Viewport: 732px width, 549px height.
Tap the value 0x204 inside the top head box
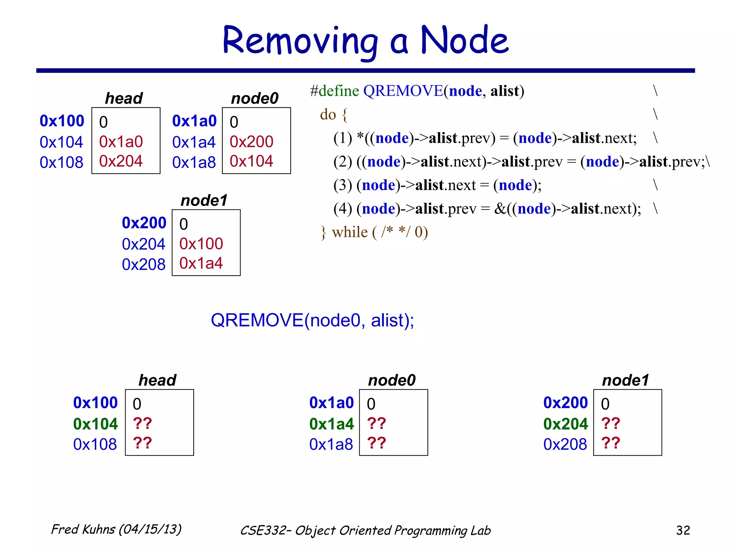click(121, 161)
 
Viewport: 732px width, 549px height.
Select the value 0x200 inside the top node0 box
click(251, 142)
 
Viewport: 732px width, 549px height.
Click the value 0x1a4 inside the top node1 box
click(201, 263)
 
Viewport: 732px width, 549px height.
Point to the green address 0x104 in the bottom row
click(95, 424)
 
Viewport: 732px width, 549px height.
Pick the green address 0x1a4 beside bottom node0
click(331, 424)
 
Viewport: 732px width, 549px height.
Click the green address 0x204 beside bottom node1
click(565, 424)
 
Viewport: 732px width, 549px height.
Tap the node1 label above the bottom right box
click(625, 380)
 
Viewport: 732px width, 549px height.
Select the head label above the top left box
click(124, 98)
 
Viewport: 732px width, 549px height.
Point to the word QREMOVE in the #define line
click(403, 91)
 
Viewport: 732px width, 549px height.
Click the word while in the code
click(350, 232)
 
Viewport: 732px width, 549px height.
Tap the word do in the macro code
click(328, 114)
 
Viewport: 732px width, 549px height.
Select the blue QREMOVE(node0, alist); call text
click(312, 320)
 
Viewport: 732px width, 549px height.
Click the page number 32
click(683, 530)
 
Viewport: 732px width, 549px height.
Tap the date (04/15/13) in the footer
click(150, 529)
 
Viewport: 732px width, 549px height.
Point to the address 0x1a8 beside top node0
click(194, 162)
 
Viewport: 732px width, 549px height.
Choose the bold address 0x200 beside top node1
click(144, 223)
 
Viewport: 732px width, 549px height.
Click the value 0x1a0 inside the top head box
click(121, 142)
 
